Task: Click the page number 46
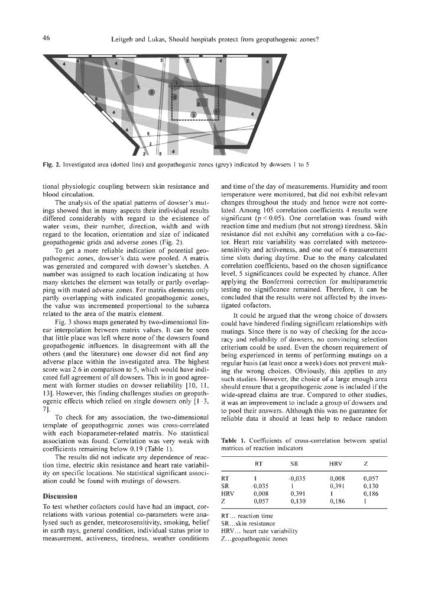(46, 40)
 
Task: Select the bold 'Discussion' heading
(62, 495)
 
